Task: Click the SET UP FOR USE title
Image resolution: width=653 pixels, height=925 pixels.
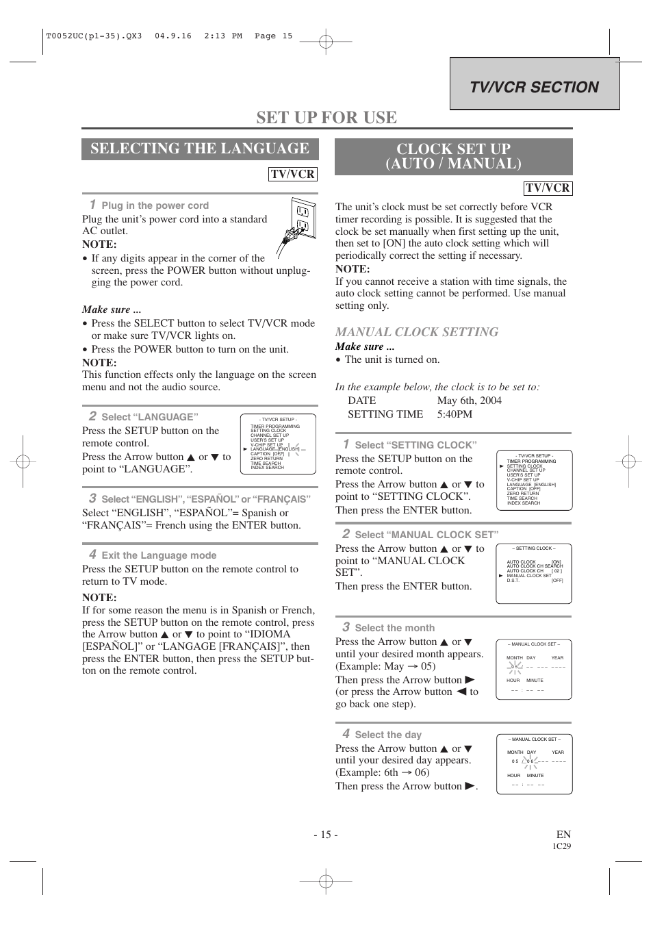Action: pos(326,117)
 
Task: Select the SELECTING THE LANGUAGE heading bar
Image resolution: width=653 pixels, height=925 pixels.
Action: pos(199,149)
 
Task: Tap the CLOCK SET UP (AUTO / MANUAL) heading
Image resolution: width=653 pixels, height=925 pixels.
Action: pos(453,156)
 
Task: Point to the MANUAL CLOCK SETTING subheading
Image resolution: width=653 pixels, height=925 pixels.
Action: pos(416,332)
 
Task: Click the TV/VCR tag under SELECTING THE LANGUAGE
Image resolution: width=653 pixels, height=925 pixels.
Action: pos(292,174)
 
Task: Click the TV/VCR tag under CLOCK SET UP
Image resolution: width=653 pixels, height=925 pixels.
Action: pos(548,188)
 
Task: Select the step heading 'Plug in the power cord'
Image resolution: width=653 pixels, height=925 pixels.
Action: pos(155,205)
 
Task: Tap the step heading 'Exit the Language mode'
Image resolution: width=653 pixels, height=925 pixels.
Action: pos(158,555)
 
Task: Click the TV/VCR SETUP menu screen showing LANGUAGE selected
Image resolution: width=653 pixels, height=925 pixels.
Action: pos(278,444)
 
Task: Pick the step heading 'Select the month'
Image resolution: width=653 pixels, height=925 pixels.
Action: pos(394,628)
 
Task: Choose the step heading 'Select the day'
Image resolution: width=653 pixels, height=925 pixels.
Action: pos(387,735)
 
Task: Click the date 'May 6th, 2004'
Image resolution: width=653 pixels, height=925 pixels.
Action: pos(469,401)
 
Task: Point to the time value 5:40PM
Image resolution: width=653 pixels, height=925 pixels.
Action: pos(454,414)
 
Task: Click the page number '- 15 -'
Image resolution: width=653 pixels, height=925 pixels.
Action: pos(326,834)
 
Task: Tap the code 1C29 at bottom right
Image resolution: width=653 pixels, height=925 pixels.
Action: pos(561,846)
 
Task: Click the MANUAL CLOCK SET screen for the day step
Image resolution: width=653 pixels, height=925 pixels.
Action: pos(534,764)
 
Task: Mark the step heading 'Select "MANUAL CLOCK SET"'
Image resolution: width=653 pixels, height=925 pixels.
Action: pos(426,535)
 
